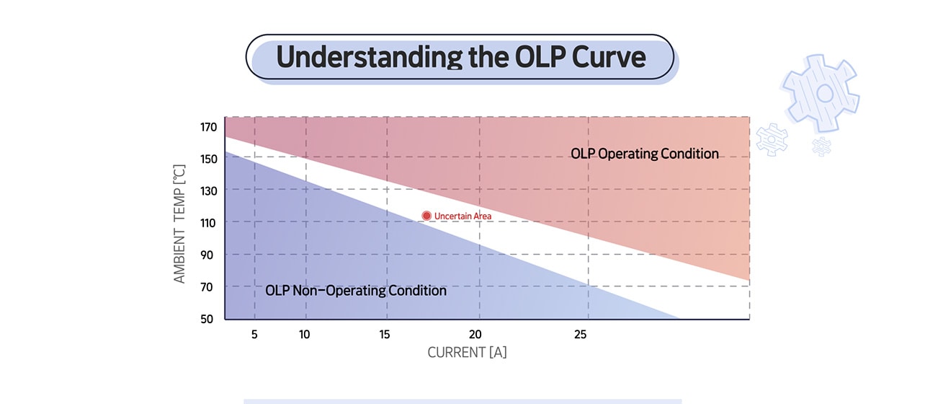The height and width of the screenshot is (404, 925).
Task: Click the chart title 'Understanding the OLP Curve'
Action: pos(460,56)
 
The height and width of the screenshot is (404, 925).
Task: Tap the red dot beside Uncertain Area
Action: pos(426,216)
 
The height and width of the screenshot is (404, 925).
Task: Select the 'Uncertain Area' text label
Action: pos(463,216)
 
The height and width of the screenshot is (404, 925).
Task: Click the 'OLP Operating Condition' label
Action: pos(645,154)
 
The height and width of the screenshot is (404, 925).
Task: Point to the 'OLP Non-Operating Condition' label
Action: pos(356,291)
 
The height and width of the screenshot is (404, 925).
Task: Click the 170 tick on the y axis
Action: pos(208,128)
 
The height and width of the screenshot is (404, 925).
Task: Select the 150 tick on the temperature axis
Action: pos(208,159)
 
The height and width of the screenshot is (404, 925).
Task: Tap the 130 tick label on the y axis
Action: pos(208,190)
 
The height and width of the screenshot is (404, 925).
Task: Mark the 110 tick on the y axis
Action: pos(208,223)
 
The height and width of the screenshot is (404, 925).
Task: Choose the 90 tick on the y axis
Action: pos(208,255)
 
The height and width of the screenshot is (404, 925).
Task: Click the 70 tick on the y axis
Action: pos(208,287)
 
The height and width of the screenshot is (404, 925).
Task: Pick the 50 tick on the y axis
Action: pos(208,319)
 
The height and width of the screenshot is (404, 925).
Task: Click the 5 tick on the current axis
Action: pos(254,335)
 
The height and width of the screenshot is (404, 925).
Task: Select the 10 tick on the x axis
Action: pos(305,335)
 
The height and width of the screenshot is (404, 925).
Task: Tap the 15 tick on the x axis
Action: pos(386,335)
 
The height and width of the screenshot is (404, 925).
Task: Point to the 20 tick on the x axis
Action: pos(475,335)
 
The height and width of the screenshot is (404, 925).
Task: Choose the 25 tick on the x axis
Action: pos(580,335)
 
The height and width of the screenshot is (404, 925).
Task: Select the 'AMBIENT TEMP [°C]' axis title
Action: pos(179,224)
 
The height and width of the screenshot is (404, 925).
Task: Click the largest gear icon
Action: pos(821,92)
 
